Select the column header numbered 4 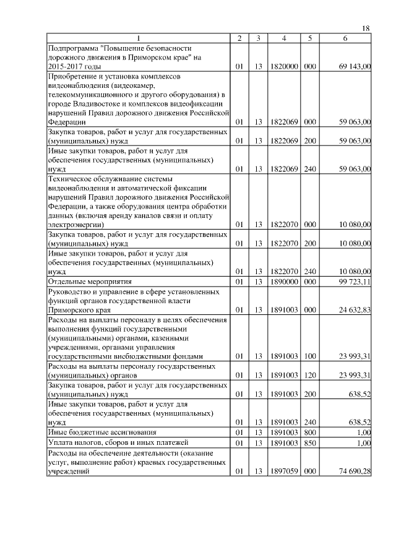pos(283,39)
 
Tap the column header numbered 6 pos(345,39)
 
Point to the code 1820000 pos(284,66)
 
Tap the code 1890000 pos(284,282)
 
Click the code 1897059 pos(284,472)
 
